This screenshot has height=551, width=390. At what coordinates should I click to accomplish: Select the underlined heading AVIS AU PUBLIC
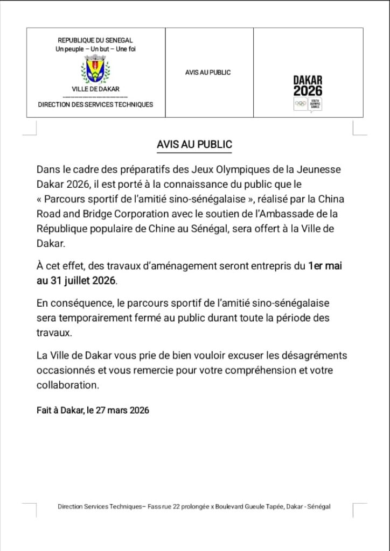tap(194, 145)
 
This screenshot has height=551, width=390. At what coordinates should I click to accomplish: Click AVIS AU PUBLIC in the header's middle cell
tap(208, 72)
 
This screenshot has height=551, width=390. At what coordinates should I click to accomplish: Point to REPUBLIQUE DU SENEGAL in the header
tap(95, 40)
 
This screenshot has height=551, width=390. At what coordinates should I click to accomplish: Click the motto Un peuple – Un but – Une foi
tap(95, 49)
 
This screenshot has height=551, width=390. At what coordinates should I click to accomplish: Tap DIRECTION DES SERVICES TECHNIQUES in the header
tap(95, 104)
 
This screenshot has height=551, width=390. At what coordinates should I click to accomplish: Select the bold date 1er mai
tap(325, 266)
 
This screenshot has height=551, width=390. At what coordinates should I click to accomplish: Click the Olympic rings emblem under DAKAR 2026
tap(300, 103)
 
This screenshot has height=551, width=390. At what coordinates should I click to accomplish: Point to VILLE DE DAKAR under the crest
tap(95, 89)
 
